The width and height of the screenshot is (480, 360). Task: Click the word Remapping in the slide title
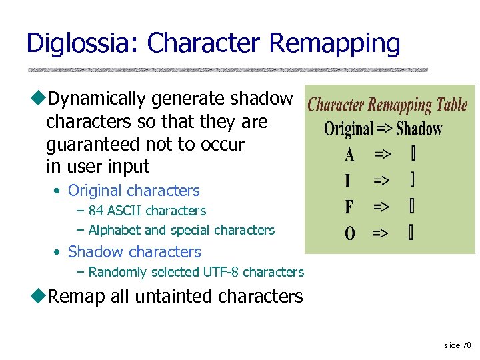coord(334,44)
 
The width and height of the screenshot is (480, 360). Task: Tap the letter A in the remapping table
coord(350,155)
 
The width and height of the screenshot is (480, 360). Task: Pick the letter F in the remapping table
coord(349,207)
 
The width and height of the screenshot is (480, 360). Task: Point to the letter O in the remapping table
coord(350,233)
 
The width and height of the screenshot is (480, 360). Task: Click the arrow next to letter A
coord(383,155)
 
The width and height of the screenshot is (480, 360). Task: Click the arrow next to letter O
coord(380,233)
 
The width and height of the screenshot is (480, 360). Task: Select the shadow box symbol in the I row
coord(413,181)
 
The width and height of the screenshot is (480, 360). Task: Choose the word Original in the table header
coord(349,129)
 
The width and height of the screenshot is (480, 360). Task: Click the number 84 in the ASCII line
coord(95,211)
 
